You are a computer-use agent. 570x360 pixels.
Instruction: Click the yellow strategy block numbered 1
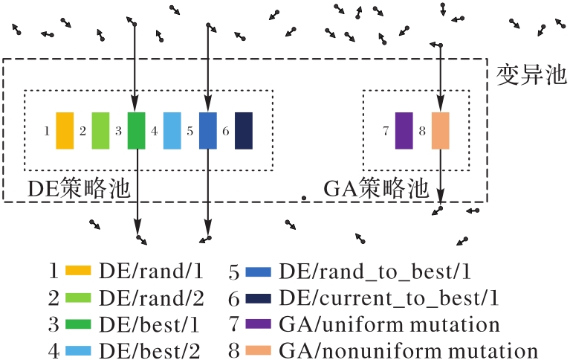(x=65, y=131)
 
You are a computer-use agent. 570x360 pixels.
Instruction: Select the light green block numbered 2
(x=100, y=131)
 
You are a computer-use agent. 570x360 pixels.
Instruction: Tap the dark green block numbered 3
(x=136, y=131)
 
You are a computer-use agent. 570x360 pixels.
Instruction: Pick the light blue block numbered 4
(x=172, y=131)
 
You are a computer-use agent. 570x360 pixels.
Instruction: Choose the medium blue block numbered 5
(x=208, y=131)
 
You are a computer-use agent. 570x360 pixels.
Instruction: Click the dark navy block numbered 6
(x=244, y=131)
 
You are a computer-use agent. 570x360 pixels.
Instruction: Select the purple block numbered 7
(x=404, y=131)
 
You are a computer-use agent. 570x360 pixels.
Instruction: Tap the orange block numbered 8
(x=440, y=131)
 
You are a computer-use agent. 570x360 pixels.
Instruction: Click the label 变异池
(x=531, y=75)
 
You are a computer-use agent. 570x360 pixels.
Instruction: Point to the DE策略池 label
(x=79, y=188)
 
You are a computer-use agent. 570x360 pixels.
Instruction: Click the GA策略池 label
(x=376, y=188)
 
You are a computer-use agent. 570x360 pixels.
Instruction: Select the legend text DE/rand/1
(x=151, y=271)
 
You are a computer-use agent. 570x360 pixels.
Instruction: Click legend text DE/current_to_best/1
(x=389, y=298)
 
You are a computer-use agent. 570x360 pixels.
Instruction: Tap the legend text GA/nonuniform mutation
(x=408, y=350)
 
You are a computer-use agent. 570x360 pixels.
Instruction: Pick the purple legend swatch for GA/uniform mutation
(x=259, y=324)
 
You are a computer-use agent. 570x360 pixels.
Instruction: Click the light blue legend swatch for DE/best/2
(x=78, y=350)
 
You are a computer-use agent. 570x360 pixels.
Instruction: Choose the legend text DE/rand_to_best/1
(x=375, y=272)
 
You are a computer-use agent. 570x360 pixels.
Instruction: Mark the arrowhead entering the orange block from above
(x=440, y=106)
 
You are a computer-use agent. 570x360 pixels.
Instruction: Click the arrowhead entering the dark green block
(x=135, y=106)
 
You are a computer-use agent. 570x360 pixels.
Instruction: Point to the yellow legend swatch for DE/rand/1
(x=78, y=271)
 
